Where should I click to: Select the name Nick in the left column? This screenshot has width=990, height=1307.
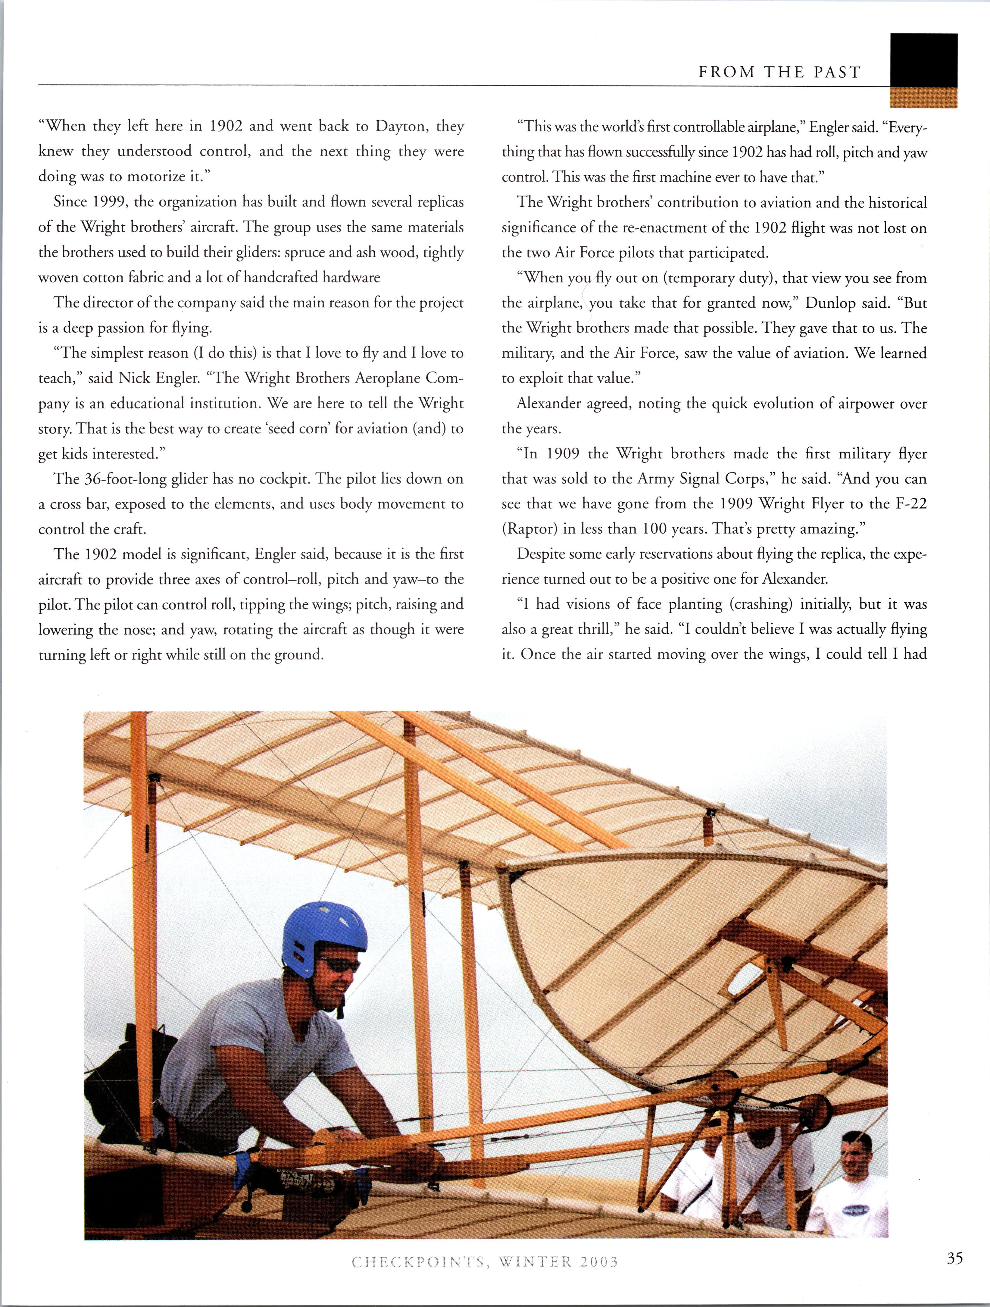coord(134,378)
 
